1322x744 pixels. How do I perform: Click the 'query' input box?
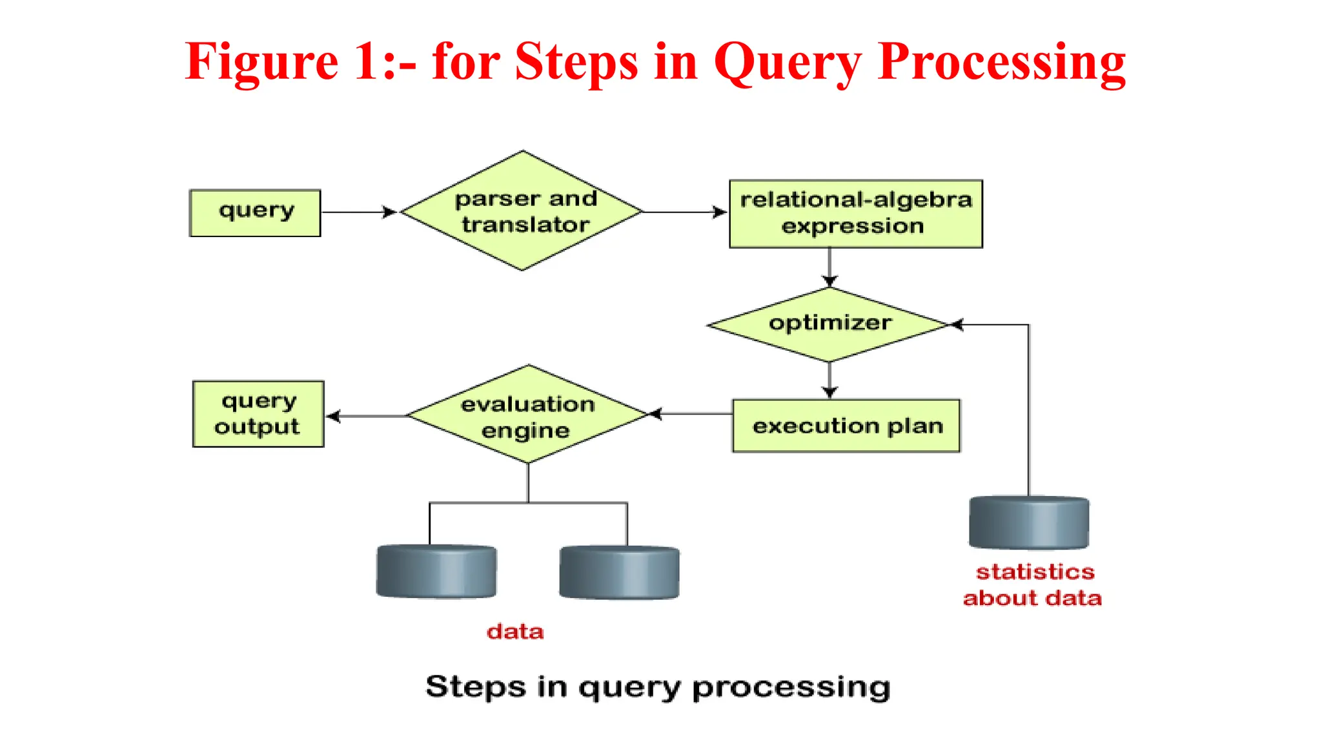click(x=255, y=212)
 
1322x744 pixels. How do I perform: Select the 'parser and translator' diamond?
click(x=522, y=211)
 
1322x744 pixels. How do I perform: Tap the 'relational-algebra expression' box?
click(x=855, y=214)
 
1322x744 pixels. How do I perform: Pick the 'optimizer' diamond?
click(x=829, y=324)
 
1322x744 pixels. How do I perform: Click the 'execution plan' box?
click(x=846, y=426)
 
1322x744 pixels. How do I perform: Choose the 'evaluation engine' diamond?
click(x=527, y=415)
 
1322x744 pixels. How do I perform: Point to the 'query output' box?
click(x=258, y=414)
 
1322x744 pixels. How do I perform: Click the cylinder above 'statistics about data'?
click(x=1029, y=522)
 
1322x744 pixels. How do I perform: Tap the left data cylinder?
click(x=436, y=572)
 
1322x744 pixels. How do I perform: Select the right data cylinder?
click(x=619, y=572)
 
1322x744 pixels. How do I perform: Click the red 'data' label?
click(x=515, y=631)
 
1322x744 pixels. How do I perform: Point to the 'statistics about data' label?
click(x=1033, y=585)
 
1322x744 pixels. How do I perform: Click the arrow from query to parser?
click(x=359, y=212)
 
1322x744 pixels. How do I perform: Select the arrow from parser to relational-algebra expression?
click(x=685, y=212)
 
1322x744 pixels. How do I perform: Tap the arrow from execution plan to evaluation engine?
click(x=691, y=414)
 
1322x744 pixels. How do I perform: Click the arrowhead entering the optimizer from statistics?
click(x=957, y=325)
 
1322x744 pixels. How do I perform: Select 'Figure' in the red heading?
click(x=261, y=62)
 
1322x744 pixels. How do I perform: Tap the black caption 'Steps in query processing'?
click(x=658, y=687)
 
